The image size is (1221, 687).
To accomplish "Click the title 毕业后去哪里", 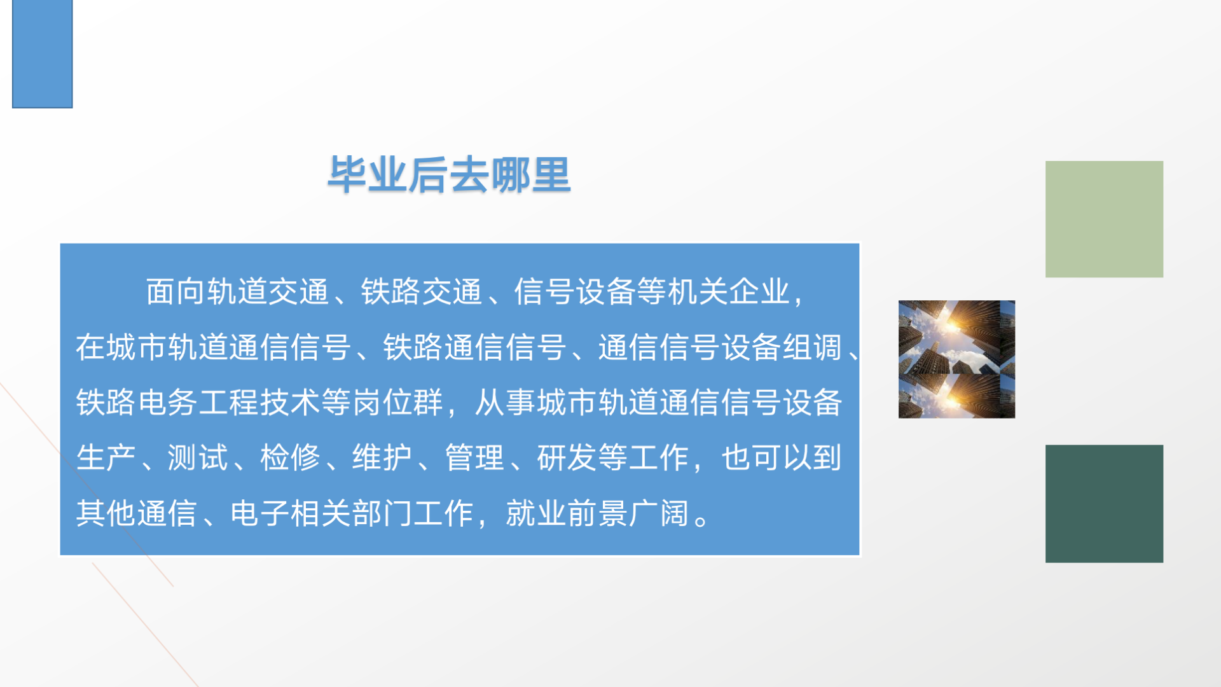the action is pos(449,174).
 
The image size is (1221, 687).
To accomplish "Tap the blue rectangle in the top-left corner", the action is pos(43,53).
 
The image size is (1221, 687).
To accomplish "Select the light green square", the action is pos(1104,219).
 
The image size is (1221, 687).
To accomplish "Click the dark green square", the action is pos(1104,504).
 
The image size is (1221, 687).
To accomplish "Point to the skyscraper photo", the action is pos(956,359).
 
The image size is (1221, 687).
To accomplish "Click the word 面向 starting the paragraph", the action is pos(176,292).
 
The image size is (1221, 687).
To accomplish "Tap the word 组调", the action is pos(812,347).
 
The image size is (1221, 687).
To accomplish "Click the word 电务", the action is pos(168,403).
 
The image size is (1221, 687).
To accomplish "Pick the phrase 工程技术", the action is pos(259,403).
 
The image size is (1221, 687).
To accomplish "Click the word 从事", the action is pos(505,403).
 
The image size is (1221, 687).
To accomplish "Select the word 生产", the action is pos(106,458).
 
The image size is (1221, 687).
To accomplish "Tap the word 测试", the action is pos(198,458).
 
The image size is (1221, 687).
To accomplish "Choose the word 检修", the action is pos(290,458).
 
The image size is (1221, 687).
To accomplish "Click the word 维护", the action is pos(382,458).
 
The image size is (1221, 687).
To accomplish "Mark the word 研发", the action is pos(567,458).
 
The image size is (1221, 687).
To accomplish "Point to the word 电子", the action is pos(260,513).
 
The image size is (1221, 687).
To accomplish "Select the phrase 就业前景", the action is pos(567,513).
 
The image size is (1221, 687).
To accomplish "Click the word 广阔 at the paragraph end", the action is pos(659,513).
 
